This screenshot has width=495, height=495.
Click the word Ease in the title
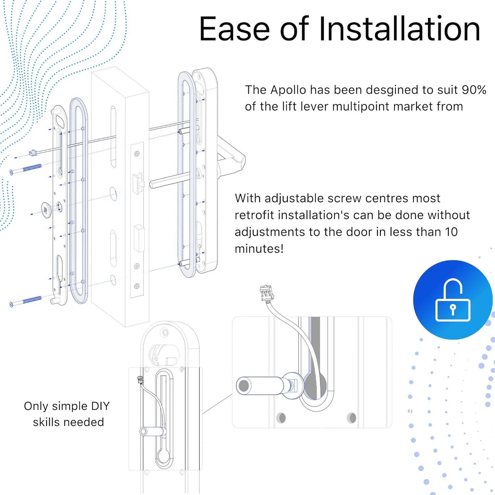click(235, 29)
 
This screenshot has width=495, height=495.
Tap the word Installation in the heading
click(399, 29)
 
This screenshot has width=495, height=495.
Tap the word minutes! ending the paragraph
click(259, 249)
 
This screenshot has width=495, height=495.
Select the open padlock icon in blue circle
click(453, 300)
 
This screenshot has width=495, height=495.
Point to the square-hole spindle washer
click(46, 209)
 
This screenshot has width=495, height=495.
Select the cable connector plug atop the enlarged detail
click(267, 293)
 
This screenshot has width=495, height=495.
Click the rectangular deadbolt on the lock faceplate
click(139, 238)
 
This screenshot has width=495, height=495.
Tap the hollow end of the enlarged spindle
click(244, 386)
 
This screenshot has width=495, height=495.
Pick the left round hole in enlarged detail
click(281, 418)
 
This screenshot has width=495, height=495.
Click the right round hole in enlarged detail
click(352, 418)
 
